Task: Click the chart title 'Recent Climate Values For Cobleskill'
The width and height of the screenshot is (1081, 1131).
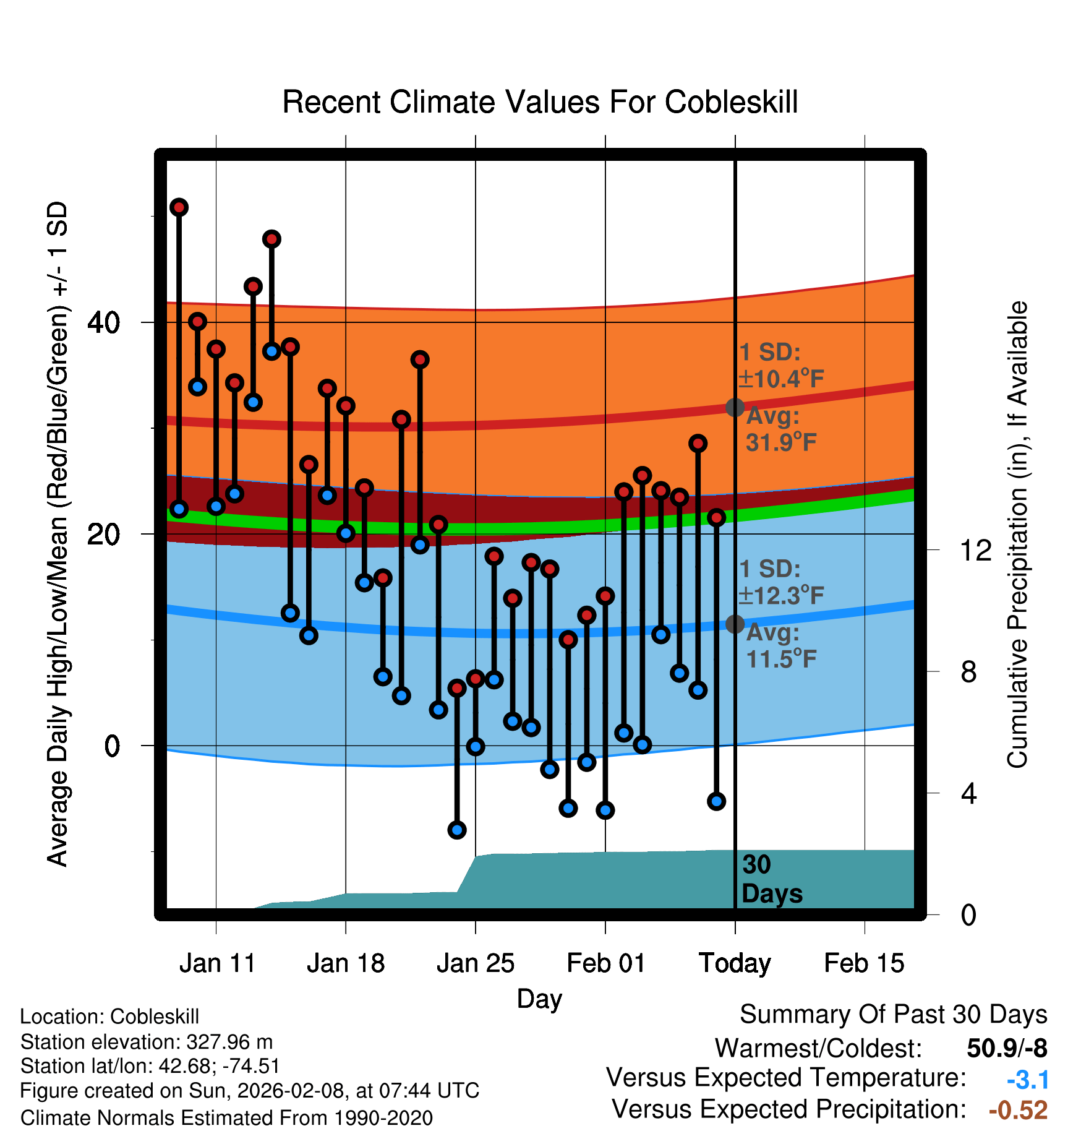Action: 539,102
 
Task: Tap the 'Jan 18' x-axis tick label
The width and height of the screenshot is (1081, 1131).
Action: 346,963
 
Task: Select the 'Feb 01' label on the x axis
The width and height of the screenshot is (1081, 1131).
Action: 605,963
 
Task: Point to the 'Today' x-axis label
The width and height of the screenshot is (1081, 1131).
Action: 735,963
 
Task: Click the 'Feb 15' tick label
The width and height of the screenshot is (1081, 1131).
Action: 864,963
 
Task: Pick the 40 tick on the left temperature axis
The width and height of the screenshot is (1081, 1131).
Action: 103,322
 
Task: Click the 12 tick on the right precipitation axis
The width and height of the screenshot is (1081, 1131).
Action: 976,550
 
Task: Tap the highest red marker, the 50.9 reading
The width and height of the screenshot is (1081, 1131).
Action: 179,207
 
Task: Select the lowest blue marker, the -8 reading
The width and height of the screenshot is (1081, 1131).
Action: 457,830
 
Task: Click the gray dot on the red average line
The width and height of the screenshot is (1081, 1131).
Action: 735,407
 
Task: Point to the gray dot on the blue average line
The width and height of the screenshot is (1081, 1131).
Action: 735,624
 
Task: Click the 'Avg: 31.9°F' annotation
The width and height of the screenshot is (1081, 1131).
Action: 780,429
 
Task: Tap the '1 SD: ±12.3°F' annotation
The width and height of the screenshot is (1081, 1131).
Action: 780,582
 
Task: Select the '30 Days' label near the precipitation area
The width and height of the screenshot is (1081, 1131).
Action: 771,879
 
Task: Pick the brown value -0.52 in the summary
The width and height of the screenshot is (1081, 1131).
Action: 1018,1110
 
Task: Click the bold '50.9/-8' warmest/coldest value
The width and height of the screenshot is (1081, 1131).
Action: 1007,1048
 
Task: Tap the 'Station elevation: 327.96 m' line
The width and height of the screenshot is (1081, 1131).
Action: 147,1042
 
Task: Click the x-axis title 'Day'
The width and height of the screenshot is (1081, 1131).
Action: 539,998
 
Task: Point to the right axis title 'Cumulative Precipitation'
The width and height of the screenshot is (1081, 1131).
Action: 1017,535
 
